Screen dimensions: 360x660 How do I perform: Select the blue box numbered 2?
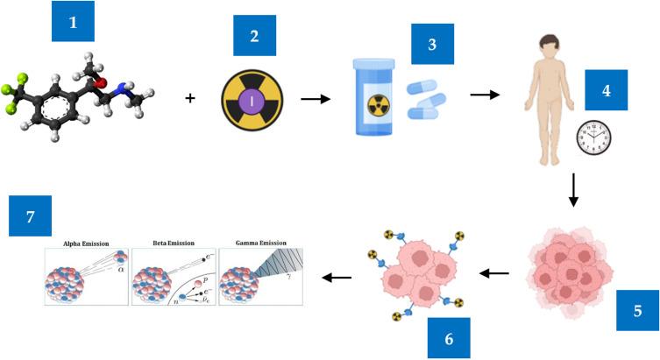(254, 36)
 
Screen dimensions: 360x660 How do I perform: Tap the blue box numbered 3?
(431, 43)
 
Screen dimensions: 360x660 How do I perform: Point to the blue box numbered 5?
(636, 310)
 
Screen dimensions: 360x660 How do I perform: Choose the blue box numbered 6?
(449, 337)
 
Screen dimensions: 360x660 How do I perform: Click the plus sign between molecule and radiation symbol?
(190, 99)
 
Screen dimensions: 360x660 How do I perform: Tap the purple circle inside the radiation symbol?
(253, 99)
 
